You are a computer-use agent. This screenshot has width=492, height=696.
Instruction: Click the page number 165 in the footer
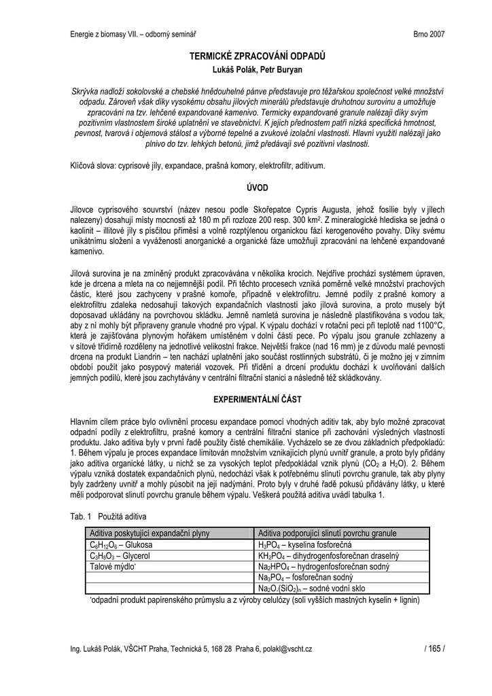(434, 649)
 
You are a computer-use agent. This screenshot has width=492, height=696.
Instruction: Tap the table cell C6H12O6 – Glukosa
(122, 545)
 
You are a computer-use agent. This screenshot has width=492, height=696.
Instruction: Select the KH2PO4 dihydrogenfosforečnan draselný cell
(328, 555)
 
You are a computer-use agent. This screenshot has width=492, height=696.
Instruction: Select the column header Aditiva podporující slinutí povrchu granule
(328, 534)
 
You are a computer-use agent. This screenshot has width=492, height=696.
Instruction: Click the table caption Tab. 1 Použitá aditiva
(108, 517)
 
